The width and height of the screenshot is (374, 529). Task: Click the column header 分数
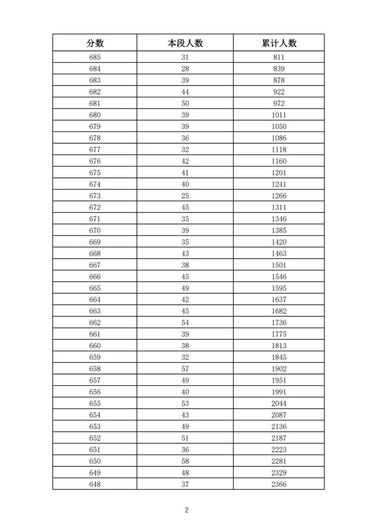coord(95,43)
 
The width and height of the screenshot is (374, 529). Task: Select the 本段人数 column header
coord(185,43)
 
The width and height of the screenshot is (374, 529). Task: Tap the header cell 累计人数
coord(278,43)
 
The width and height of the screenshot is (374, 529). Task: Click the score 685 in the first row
coord(95,57)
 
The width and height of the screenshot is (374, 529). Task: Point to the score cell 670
coord(95,230)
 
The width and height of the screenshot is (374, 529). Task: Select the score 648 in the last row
coord(95,484)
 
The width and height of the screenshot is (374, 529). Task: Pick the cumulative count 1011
coord(278,115)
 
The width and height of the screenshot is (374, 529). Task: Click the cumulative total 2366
coord(278,484)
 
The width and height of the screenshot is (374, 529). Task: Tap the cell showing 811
coord(278,57)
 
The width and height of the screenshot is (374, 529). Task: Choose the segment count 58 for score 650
coord(185,461)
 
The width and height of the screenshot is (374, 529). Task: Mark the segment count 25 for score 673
coord(185,196)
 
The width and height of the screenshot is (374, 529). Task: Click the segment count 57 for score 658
coord(185,369)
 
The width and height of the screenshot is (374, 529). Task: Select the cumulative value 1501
coord(278,265)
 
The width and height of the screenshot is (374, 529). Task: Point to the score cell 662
coord(95,323)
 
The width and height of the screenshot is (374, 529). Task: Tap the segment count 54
coord(185,323)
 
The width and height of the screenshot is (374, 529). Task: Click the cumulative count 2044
coord(278,403)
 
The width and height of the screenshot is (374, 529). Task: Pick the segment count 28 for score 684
coord(185,69)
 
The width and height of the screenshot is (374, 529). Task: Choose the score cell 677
coord(95,150)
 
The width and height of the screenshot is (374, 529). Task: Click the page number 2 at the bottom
coord(187,510)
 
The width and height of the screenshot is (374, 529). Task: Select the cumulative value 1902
coord(278,369)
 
